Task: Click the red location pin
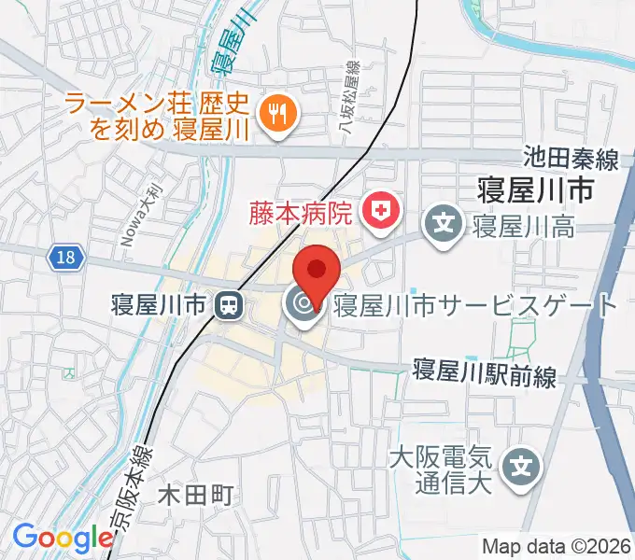(317, 272)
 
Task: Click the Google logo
(63, 538)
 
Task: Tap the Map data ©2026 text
(557, 546)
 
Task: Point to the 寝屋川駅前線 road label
(485, 376)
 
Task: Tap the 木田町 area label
(193, 494)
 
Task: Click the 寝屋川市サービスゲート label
(475, 304)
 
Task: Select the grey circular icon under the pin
(302, 304)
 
